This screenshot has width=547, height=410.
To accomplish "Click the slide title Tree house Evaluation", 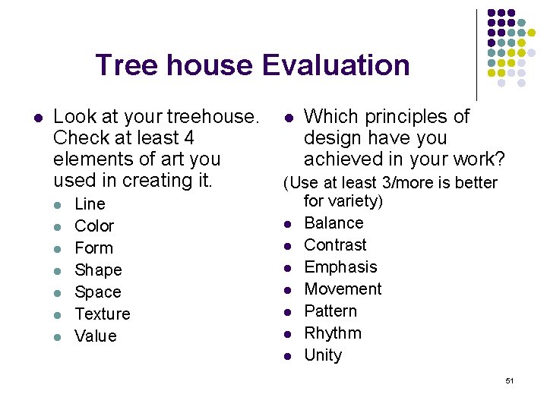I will coord(252,65).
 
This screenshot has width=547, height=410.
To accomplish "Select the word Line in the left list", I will coord(90,204).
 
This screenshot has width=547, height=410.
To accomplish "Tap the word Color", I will coord(94,226).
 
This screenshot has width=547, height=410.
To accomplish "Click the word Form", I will coord(93,248).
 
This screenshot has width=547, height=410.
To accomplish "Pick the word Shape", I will coord(98,270).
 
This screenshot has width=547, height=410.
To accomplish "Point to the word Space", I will coord(98,292).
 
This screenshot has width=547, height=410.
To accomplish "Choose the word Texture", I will coord(103,314).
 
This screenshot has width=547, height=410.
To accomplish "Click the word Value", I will coord(96,336).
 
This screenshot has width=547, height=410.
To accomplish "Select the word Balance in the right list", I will coord(334,223).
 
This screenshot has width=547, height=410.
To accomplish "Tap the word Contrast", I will coord(335,245).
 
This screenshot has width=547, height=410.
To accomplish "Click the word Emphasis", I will coord(340,267).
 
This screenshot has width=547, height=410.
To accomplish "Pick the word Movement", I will coord(343,289).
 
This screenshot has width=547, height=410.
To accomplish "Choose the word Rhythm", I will coord(333,333).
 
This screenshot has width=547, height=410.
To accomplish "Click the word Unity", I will coord(323,355).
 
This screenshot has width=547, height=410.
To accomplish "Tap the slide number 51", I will coord(509,380).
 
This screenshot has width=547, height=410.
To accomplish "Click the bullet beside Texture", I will coord(60,314).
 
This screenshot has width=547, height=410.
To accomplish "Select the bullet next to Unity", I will coord(289,355).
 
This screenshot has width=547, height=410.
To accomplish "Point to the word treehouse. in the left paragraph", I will coord(212,117).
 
